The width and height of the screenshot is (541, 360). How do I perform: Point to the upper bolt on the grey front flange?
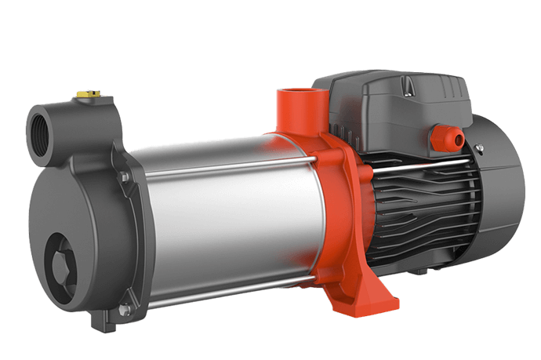(124, 179)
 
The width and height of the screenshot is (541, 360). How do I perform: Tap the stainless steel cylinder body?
(227, 212)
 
